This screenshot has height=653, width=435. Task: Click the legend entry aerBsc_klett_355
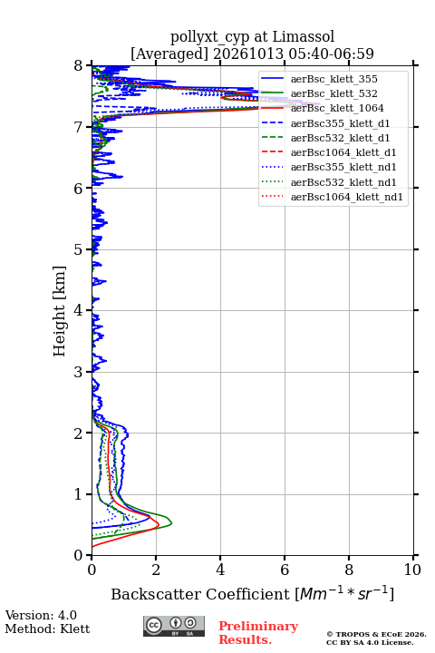[333, 79]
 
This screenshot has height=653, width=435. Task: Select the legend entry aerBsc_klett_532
[333, 93]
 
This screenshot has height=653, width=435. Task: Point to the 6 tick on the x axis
[285, 556]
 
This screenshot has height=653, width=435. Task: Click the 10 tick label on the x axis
[412, 570]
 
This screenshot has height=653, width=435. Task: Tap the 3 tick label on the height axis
[79, 372]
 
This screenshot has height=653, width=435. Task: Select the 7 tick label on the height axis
[79, 127]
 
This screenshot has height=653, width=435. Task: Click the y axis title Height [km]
[59, 311]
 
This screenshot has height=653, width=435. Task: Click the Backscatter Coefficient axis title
[252, 593]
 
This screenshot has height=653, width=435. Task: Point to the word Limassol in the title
[303, 36]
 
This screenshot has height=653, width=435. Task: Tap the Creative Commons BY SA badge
[174, 626]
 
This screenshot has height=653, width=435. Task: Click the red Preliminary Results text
[258, 633]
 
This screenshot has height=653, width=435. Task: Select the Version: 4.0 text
[41, 615]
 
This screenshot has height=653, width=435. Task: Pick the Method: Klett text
[47, 629]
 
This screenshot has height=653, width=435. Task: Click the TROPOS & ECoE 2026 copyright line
[376, 634]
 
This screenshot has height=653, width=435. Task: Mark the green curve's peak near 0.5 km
[171, 523]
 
